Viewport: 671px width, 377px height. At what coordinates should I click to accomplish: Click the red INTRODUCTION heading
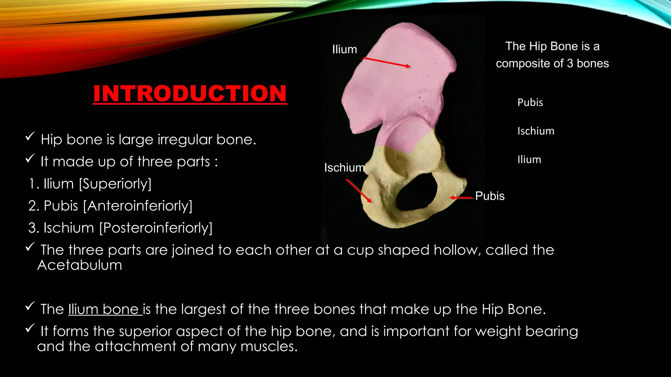pyautogui.click(x=190, y=94)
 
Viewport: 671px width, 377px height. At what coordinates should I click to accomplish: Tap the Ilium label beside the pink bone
pyautogui.click(x=344, y=49)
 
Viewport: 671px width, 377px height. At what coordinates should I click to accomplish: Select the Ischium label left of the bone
pyautogui.click(x=344, y=168)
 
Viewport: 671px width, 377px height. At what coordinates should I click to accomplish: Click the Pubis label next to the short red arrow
pyautogui.click(x=489, y=196)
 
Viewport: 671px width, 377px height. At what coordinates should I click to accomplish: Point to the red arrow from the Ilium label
pyautogui.click(x=387, y=62)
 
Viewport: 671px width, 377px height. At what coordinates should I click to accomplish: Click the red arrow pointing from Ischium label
pyautogui.click(x=359, y=191)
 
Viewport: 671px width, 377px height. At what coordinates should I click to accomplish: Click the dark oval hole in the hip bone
pyautogui.click(x=416, y=193)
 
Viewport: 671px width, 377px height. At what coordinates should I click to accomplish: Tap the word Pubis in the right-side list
pyautogui.click(x=530, y=102)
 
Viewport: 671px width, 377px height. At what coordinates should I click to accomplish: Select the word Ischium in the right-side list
pyautogui.click(x=536, y=131)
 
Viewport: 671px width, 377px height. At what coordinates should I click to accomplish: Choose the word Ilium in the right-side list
pyautogui.click(x=529, y=160)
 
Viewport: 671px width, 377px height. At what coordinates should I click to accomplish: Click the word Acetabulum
pyautogui.click(x=80, y=265)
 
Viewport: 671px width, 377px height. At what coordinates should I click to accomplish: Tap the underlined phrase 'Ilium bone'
pyautogui.click(x=104, y=309)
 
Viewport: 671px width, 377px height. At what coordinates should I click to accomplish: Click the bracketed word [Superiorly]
pyautogui.click(x=115, y=184)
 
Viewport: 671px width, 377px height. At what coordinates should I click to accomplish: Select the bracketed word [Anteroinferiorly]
pyautogui.click(x=138, y=206)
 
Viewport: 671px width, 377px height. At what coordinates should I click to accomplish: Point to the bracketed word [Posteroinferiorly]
pyautogui.click(x=156, y=228)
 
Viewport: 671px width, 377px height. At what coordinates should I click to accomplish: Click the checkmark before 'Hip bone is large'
pyautogui.click(x=30, y=136)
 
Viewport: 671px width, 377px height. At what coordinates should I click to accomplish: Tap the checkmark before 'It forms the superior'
pyautogui.click(x=30, y=328)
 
